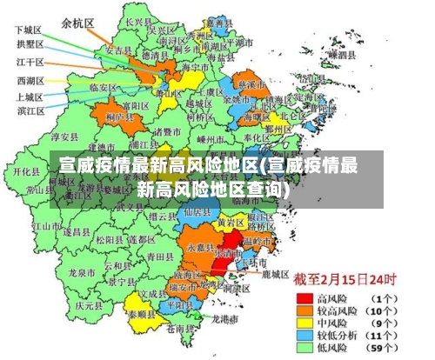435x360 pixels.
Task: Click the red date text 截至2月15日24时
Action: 344,280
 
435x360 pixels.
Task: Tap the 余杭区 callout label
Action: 79,24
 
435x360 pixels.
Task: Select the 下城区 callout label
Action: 30,30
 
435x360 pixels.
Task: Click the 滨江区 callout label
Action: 31,110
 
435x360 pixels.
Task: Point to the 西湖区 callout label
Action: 31,80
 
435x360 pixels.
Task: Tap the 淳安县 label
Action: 64,137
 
